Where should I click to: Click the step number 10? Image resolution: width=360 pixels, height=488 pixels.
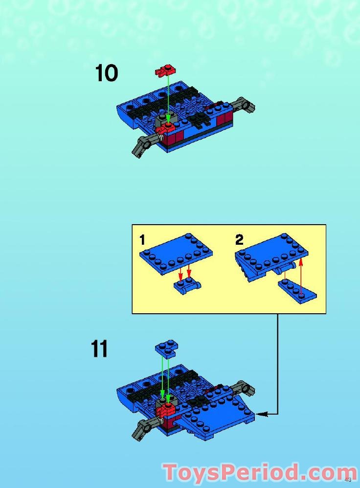tap(106, 73)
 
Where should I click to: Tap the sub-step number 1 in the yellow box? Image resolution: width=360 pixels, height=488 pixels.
tap(142, 240)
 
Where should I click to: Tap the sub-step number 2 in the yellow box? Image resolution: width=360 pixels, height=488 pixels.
tap(239, 240)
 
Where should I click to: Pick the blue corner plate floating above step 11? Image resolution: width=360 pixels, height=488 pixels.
tap(166, 348)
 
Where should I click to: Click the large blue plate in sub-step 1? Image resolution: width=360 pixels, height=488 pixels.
tap(176, 252)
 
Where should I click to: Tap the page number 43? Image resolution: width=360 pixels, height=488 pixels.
tap(348, 479)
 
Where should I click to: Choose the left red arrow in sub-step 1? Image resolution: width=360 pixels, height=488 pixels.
tap(180, 272)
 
